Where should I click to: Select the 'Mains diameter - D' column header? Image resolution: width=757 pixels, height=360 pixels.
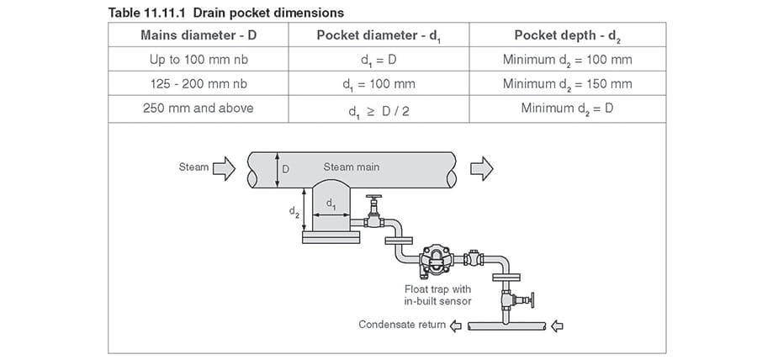coord(199,34)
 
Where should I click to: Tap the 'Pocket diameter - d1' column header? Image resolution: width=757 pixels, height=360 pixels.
coord(378,34)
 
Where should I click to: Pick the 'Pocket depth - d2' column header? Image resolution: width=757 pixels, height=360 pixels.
coord(568,34)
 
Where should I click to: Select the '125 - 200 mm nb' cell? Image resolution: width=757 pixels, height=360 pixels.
coord(199,83)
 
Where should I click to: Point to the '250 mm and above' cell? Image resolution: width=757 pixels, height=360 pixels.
coord(199,108)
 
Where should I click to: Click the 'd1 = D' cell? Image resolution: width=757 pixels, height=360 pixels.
coord(378,60)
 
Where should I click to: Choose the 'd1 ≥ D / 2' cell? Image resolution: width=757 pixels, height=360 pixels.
coord(378,109)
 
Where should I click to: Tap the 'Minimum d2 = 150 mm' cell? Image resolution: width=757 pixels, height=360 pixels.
coord(568,84)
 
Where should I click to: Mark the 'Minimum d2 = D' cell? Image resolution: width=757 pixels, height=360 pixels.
coord(568,109)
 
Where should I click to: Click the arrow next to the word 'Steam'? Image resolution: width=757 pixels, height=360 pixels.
coord(225,168)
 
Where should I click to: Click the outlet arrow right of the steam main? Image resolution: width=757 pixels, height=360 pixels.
coord(481,168)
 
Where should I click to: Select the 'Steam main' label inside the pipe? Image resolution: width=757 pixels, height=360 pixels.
coord(352,167)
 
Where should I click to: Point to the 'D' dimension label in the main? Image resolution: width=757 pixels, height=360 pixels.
coord(285,168)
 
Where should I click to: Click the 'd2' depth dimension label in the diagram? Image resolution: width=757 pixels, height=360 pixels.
coord(294,212)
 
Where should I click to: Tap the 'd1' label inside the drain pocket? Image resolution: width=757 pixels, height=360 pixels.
coord(331,204)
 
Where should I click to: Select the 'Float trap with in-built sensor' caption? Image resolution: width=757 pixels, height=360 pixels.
coord(437,295)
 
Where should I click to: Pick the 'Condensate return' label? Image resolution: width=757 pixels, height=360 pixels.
coord(402,324)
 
